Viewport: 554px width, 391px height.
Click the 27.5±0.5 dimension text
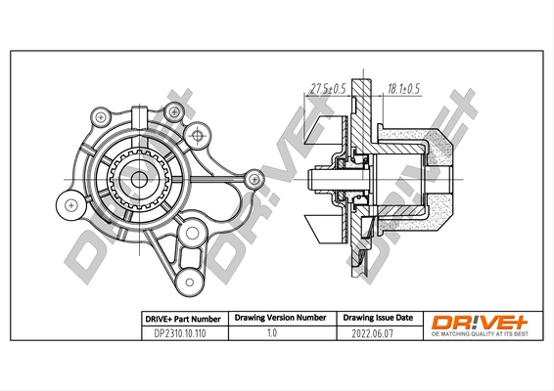point(329,89)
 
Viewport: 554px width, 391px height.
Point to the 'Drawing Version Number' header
point(279,319)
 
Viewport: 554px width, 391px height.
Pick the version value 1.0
point(279,333)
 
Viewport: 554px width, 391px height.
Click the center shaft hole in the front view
point(140,180)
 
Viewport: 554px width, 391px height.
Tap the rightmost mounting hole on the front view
point(254,178)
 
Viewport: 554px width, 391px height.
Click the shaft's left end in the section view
point(311,180)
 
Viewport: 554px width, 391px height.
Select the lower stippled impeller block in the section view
point(440,214)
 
